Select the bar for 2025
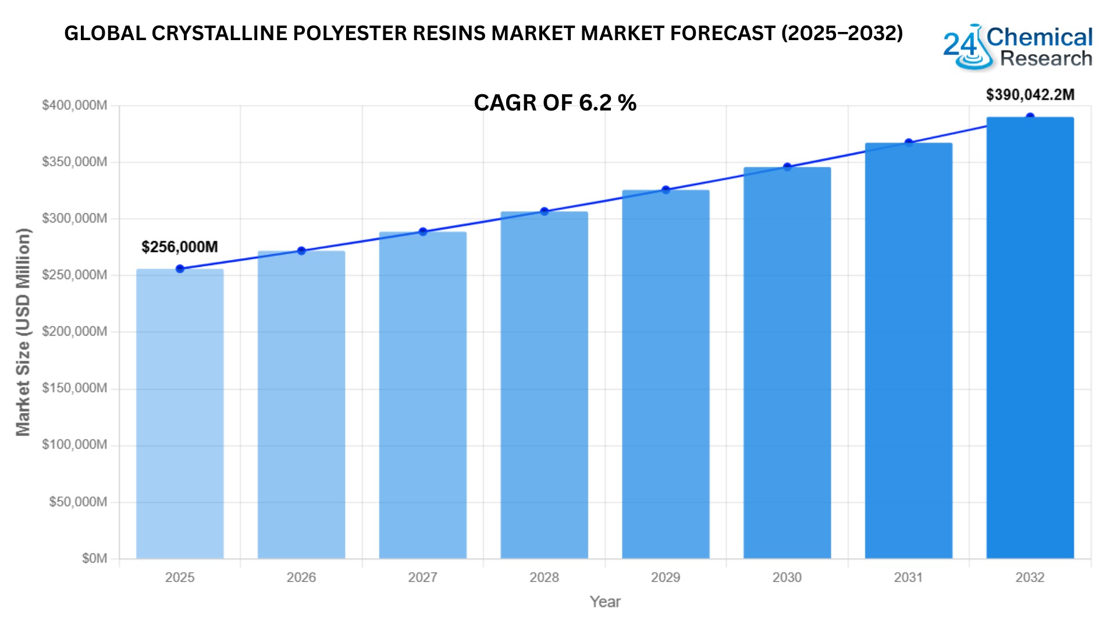[x=180, y=413]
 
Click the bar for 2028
[x=544, y=384]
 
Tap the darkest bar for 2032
[x=1030, y=337]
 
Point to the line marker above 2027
[x=423, y=232]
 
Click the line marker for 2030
[x=787, y=167]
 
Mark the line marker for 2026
[x=301, y=251]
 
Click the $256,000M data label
[x=180, y=247]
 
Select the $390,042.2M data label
[x=1030, y=95]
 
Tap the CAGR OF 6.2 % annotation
[x=555, y=103]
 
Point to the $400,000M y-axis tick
[x=74, y=105]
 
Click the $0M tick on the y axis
[x=94, y=559]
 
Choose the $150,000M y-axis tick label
[x=74, y=388]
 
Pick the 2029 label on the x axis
[x=666, y=577]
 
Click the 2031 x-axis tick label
[x=908, y=577]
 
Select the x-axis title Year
[x=605, y=602]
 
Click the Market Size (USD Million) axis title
[x=23, y=332]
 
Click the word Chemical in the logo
[x=1040, y=37]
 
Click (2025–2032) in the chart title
[x=842, y=34]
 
